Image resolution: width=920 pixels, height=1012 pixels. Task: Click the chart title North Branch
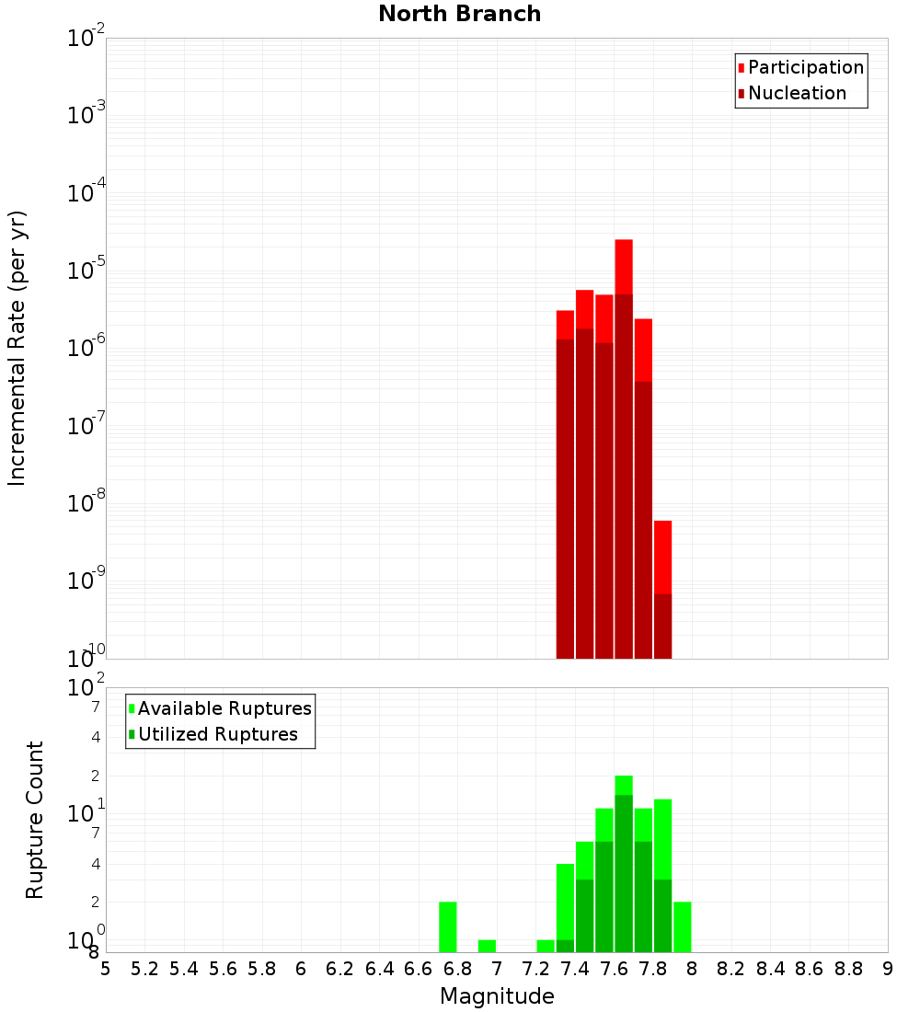tap(459, 15)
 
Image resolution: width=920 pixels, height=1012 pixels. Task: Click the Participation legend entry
tap(805, 68)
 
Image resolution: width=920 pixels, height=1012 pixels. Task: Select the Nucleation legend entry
tap(796, 94)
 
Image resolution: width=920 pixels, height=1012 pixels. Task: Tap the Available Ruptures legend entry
tap(224, 709)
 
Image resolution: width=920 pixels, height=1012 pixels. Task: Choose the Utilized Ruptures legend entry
tap(217, 735)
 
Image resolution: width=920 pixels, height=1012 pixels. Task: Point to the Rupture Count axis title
tap(35, 820)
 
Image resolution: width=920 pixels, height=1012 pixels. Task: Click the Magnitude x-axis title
tap(497, 996)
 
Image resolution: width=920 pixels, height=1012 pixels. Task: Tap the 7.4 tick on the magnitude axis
tap(575, 969)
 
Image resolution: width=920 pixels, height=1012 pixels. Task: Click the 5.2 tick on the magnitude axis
tap(144, 969)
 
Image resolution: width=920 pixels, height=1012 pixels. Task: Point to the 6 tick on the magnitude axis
tap(301, 969)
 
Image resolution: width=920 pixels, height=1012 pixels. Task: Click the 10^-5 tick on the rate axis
tap(86, 271)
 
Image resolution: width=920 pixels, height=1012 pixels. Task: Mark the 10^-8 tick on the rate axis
tap(86, 504)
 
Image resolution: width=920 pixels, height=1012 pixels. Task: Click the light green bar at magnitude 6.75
tap(447, 927)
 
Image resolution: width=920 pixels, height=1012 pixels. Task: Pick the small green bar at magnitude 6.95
tap(487, 947)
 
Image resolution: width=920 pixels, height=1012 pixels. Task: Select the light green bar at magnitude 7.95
tap(682, 927)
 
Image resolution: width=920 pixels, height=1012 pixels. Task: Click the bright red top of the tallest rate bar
tap(624, 267)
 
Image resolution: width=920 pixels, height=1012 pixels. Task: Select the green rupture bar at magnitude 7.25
tap(546, 947)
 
